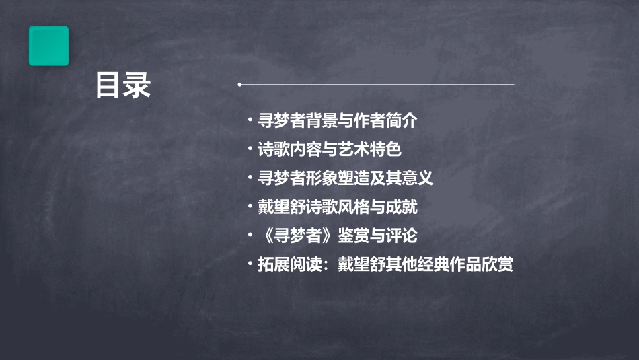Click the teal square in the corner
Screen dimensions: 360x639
tap(48, 46)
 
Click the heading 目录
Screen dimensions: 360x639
tap(122, 85)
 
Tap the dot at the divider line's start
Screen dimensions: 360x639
tap(239, 85)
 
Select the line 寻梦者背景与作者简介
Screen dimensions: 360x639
tap(338, 121)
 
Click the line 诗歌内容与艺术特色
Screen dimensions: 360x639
tap(330, 149)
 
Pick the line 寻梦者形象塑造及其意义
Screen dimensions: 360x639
tap(345, 178)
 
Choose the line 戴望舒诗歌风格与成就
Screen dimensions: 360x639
tap(338, 207)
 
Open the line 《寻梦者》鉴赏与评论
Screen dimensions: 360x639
tap(338, 236)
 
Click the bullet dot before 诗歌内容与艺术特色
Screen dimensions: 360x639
tap(250, 150)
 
